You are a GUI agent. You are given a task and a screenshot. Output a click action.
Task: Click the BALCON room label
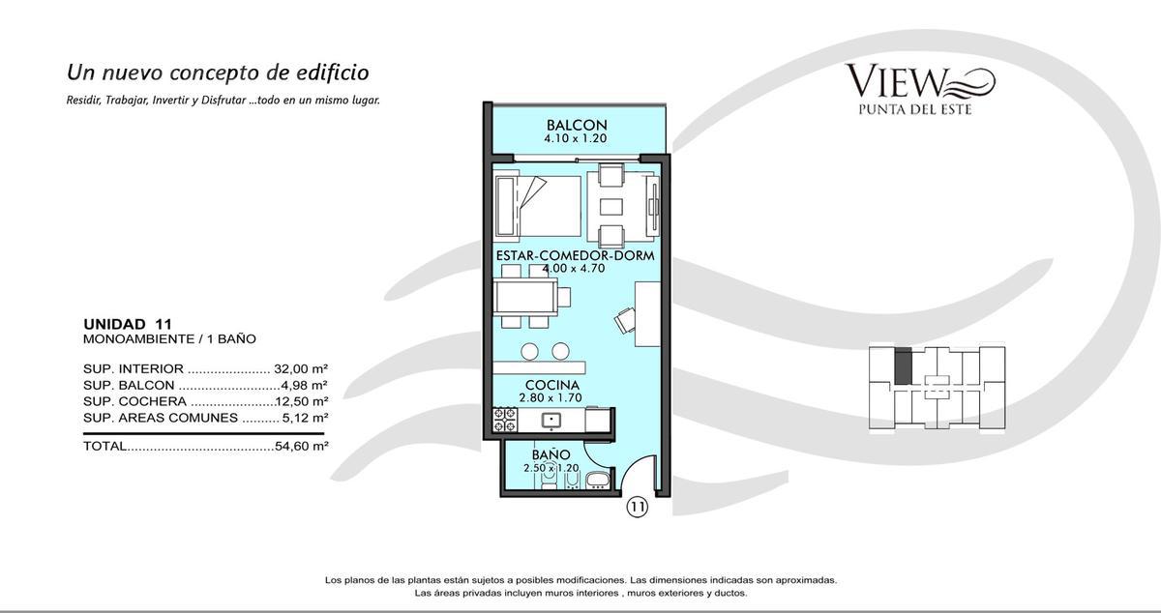(x=577, y=125)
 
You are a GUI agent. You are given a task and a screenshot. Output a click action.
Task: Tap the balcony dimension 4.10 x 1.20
(x=576, y=139)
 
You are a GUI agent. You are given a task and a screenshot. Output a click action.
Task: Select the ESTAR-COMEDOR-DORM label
(x=575, y=255)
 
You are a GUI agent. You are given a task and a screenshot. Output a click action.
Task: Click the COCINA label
(x=551, y=385)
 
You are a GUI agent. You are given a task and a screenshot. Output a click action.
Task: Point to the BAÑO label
(x=551, y=454)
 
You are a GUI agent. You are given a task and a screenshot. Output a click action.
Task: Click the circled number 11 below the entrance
(x=638, y=507)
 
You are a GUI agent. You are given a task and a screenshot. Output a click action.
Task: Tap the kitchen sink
(x=551, y=421)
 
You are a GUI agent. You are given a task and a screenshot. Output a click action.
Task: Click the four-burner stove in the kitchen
(x=505, y=420)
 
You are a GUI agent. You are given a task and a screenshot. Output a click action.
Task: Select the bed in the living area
(x=538, y=207)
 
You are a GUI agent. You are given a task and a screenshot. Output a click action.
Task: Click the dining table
(x=525, y=297)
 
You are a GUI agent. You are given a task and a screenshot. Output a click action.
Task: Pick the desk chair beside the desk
(x=626, y=320)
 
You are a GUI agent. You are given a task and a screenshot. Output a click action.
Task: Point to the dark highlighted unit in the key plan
(x=903, y=365)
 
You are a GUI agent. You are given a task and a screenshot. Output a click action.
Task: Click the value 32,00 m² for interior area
(x=301, y=369)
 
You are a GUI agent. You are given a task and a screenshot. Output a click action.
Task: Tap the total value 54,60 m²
(x=302, y=446)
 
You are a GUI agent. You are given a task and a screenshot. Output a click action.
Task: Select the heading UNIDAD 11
(x=128, y=324)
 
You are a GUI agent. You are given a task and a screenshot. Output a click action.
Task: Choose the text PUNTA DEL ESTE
(x=915, y=109)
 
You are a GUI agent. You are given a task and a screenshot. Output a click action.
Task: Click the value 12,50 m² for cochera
(x=302, y=401)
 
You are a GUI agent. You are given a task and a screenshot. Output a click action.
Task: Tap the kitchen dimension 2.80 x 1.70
(x=551, y=398)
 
